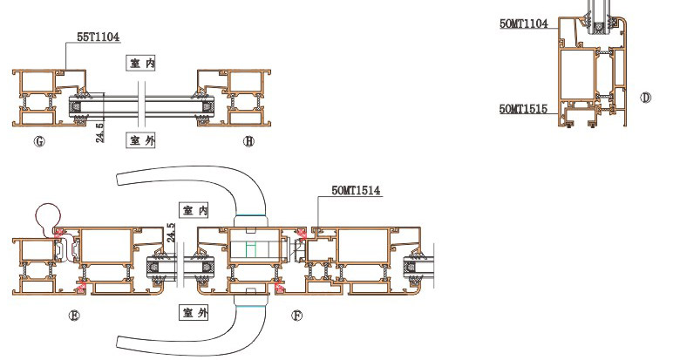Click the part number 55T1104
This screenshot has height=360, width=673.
coord(98,37)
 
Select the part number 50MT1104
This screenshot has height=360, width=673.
coord(524,24)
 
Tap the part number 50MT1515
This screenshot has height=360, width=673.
coord(523,109)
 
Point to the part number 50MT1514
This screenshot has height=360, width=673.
coord(356,190)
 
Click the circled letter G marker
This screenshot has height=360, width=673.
coord(39,141)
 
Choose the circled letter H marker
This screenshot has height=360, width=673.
coord(248,141)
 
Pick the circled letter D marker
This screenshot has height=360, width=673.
coord(645,98)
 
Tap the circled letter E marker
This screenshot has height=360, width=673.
coord(74,316)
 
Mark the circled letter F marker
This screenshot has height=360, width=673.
coord(297,316)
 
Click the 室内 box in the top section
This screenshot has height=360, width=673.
coord(141,64)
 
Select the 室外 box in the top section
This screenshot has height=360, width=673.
coord(140,139)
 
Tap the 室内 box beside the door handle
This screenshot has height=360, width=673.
coord(194,210)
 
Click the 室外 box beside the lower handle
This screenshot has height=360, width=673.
coord(194,312)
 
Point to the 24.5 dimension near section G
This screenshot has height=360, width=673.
coord(99,132)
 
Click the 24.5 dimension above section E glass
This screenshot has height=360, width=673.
coord(171,233)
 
